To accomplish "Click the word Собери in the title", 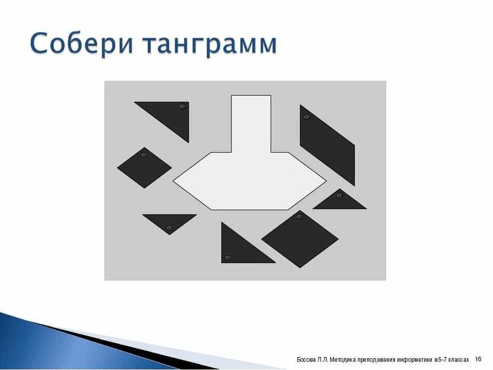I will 85,45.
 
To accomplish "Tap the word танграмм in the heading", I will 210,45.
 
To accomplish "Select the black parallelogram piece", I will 327,146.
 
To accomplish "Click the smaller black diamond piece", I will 144,168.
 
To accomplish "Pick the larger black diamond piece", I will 300,238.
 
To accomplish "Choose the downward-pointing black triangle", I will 169,222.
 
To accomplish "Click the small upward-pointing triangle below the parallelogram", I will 340,201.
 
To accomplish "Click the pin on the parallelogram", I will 307,117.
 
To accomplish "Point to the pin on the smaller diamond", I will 144,155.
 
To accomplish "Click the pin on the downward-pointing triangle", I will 169,228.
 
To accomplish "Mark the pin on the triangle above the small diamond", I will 183,107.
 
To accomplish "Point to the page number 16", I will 479,359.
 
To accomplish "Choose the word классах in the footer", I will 459,359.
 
